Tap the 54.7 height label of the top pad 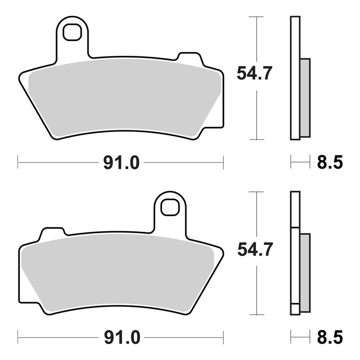(x=254, y=73)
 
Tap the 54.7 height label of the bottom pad (x=254, y=249)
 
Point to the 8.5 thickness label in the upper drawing (x=330, y=162)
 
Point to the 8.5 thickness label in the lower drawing (x=330, y=337)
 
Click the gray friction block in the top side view (x=305, y=98)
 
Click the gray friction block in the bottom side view (x=305, y=272)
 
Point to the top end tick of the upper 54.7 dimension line (x=256, y=17)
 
